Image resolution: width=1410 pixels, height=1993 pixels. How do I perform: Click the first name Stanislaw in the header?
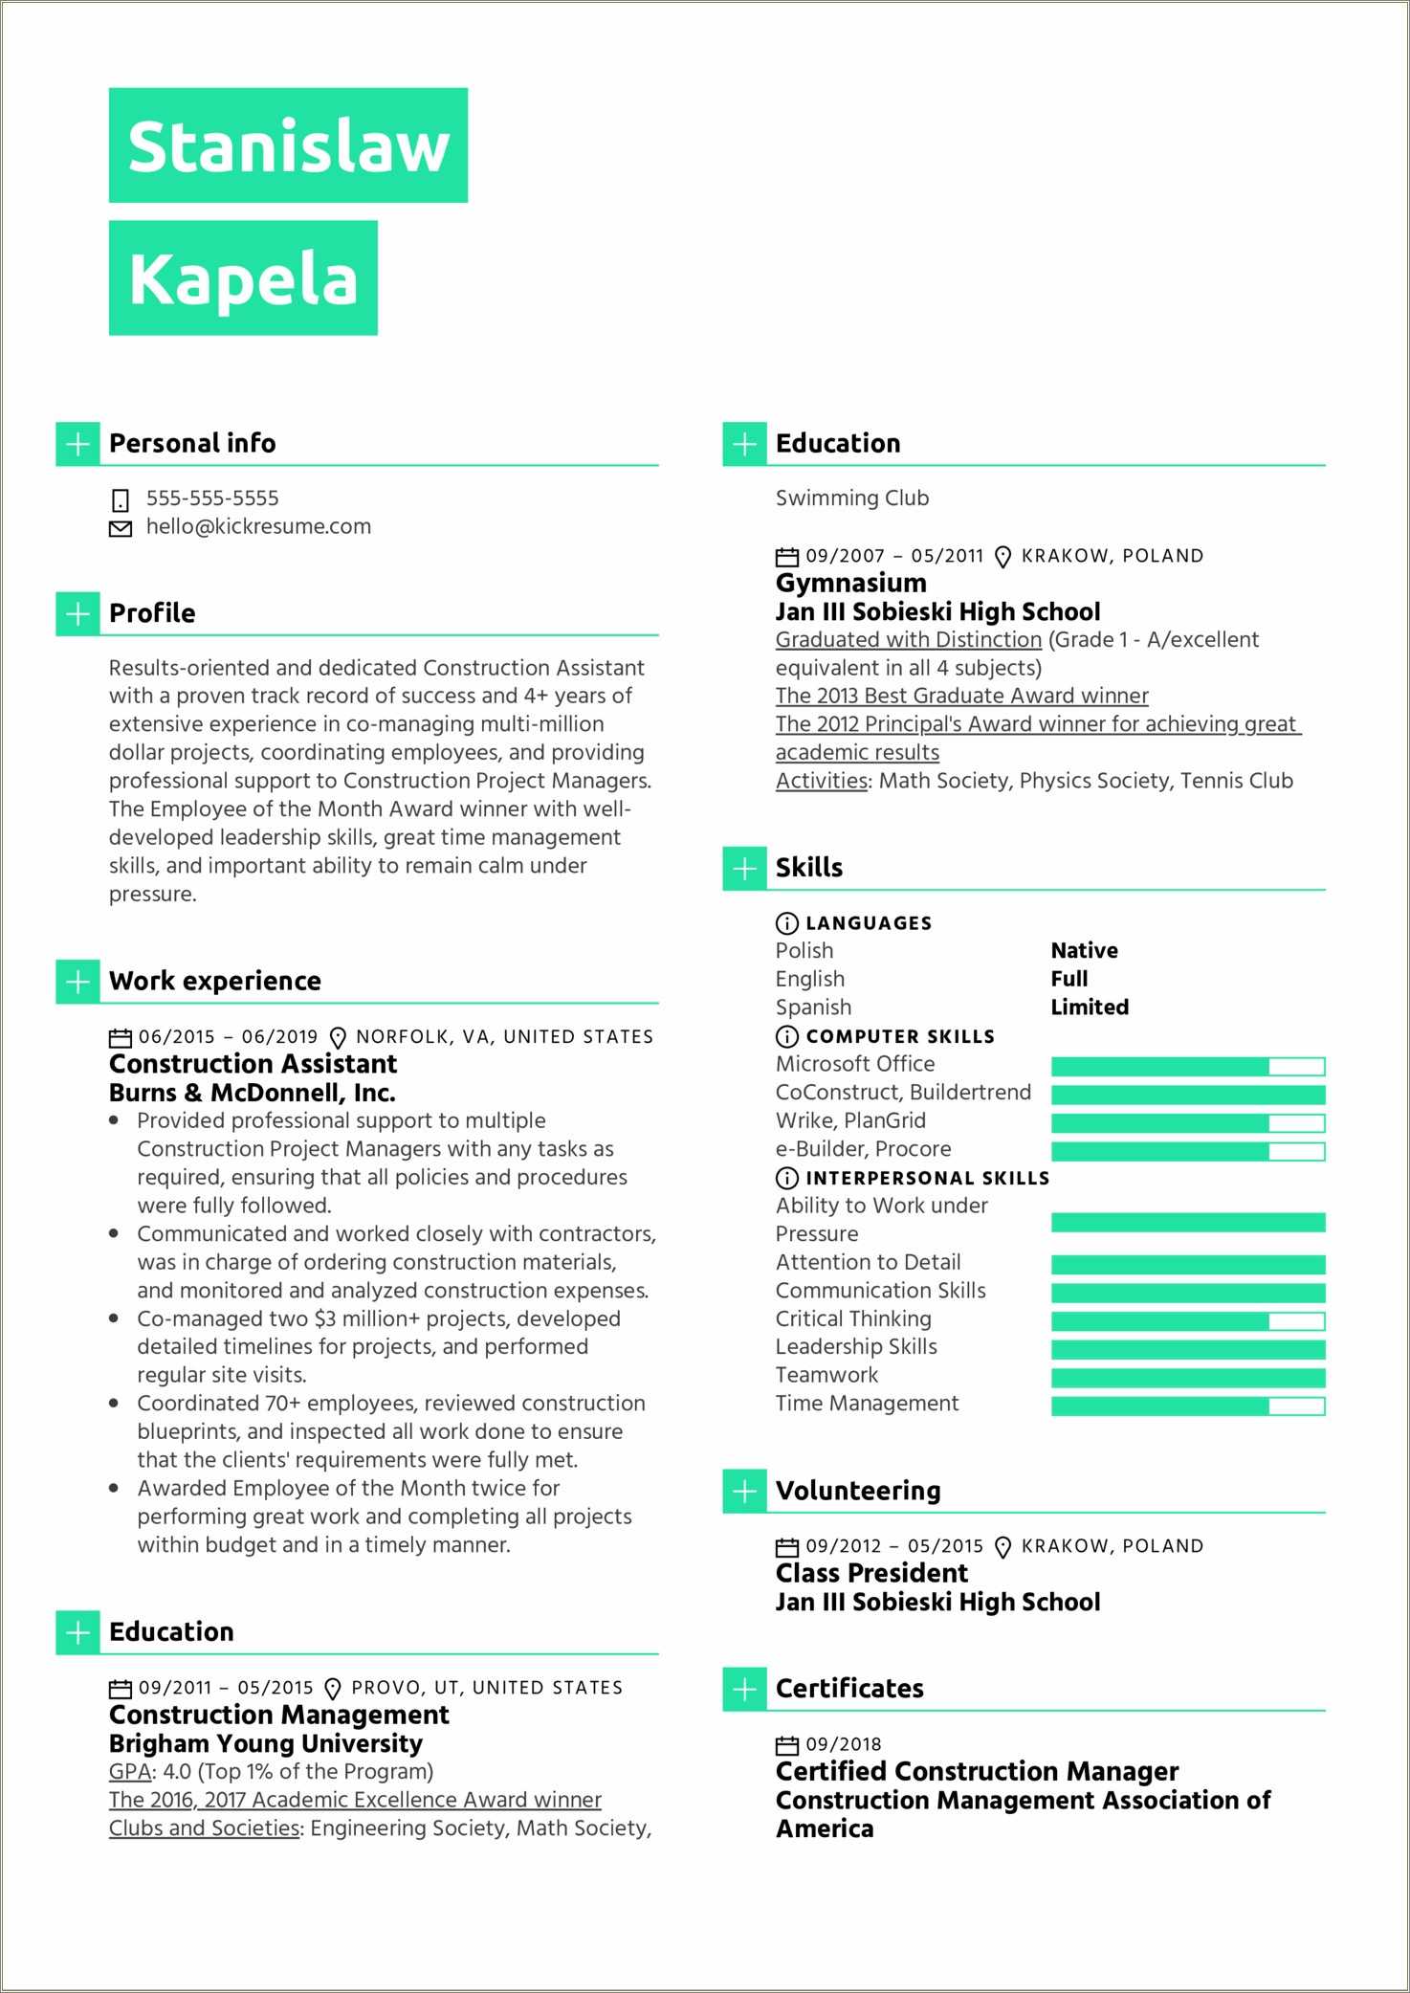click(x=288, y=146)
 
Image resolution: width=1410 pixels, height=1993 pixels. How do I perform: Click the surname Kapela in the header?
click(x=243, y=279)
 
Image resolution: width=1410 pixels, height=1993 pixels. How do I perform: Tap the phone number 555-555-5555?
click(x=212, y=498)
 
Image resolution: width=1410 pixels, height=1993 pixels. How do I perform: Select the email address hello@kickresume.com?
click(x=258, y=527)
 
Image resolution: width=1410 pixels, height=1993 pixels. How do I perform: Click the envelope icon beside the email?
click(x=121, y=528)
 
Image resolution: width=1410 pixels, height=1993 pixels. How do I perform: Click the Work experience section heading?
click(x=215, y=981)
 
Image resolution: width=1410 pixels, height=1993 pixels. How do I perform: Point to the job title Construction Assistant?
click(x=253, y=1064)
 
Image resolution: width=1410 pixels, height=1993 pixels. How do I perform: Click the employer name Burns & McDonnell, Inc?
click(x=252, y=1093)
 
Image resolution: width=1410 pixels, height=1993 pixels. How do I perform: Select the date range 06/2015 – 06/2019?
click(x=228, y=1037)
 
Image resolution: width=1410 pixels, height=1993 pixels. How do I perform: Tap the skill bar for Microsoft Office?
click(x=1187, y=1066)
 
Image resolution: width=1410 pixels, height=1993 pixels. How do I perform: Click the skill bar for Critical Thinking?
click(x=1187, y=1320)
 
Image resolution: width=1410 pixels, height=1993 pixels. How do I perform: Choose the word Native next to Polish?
click(x=1084, y=950)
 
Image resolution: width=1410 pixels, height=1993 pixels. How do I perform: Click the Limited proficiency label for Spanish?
click(x=1090, y=1007)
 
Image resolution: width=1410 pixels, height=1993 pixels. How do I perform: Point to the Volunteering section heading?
click(x=858, y=1491)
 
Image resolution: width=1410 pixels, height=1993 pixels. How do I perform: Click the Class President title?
click(x=871, y=1573)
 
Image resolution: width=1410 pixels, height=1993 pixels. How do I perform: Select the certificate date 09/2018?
click(x=843, y=1744)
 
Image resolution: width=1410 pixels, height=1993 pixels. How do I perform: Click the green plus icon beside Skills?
click(x=744, y=868)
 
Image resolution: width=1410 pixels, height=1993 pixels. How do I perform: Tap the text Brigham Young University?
click(x=266, y=1743)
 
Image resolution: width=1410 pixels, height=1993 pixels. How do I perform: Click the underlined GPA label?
click(x=130, y=1772)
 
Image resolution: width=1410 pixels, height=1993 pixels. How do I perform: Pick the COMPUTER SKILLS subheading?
click(x=899, y=1036)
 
